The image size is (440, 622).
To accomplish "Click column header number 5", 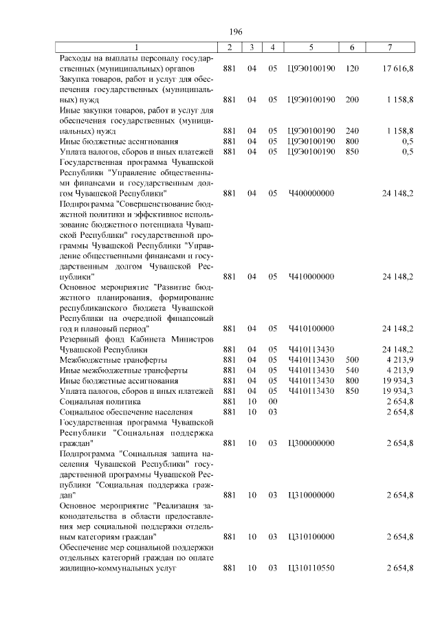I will tap(311, 47).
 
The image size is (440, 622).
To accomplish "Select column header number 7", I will tap(390, 47).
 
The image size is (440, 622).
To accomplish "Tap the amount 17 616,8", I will tap(397, 69).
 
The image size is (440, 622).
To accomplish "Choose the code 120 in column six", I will tap(353, 69).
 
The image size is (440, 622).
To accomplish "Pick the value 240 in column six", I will tap(353, 130).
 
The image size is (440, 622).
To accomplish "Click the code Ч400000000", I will tap(311, 194).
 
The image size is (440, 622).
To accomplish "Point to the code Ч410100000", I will tap(311, 329).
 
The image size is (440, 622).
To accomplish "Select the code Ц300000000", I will tap(311, 443).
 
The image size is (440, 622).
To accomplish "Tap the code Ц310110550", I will tap(311, 568).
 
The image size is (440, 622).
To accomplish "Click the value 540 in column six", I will tap(353, 370).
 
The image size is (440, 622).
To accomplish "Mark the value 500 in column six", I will tap(353, 359).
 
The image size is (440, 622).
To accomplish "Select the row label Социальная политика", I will tap(100, 401).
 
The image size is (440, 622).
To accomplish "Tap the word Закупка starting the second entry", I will tap(76, 80).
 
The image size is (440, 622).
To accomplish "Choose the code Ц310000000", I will tap(311, 495).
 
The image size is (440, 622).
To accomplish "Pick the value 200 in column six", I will tap(353, 100).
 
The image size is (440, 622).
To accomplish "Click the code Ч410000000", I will tap(311, 276).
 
